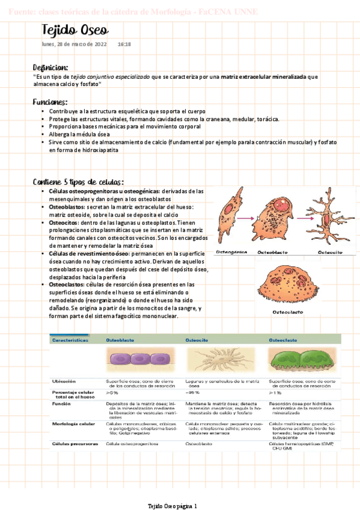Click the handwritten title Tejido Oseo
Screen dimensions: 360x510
click(x=75, y=31)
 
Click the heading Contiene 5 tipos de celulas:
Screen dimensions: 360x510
click(x=79, y=182)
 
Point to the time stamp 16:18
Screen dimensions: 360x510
click(x=124, y=44)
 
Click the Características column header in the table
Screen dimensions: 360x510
click(x=71, y=340)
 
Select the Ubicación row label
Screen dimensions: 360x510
click(x=64, y=381)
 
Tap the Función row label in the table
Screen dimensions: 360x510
click(x=62, y=404)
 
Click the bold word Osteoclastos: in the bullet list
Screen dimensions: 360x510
click(x=68, y=284)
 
